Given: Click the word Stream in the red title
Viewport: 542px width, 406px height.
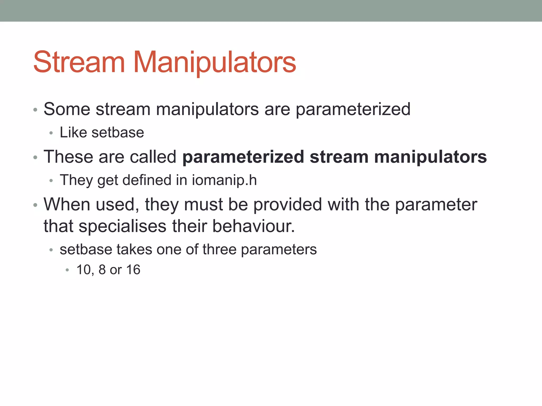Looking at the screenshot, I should click(79, 62).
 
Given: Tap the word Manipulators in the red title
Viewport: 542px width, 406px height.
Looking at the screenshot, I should click(215, 62).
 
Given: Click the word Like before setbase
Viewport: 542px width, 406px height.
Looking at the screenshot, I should click(73, 132).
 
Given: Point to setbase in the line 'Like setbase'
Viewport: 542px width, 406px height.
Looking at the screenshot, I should click(118, 132).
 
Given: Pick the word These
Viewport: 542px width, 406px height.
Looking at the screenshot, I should click(68, 157).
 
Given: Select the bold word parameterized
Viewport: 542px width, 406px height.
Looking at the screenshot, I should click(243, 157).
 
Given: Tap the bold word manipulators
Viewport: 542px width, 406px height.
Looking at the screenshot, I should click(430, 157).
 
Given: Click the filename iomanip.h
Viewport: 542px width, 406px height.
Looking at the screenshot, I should click(224, 180).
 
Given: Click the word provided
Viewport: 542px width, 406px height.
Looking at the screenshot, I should click(288, 205).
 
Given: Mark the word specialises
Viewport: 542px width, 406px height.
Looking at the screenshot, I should click(123, 226).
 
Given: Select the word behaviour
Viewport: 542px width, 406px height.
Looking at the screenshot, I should click(253, 226).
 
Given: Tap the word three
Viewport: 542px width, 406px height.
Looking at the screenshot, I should click(219, 249).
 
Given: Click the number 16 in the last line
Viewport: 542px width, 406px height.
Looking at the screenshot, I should click(133, 270).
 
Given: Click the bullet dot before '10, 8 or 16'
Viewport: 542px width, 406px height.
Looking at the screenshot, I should click(67, 270).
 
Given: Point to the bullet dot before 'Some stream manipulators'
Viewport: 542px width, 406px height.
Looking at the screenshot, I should click(35, 110).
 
